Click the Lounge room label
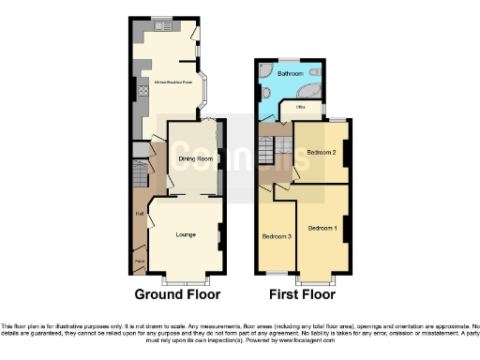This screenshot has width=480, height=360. point(186,234)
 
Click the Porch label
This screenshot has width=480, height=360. point(139,260)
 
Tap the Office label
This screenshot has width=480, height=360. point(301,107)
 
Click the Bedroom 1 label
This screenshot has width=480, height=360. point(322,228)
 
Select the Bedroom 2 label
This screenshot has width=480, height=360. point(322,152)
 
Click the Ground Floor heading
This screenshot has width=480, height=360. point(177,293)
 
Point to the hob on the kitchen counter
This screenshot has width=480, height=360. point(142,91)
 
